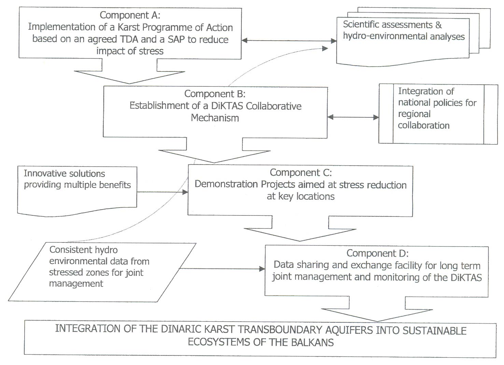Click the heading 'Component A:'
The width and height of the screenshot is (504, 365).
pos(130,15)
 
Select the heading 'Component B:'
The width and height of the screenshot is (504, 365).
pos(215,94)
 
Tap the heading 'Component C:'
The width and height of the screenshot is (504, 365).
pos(301,173)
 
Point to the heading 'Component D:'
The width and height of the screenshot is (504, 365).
pos(378,253)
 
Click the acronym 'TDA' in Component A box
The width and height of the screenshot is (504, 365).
pos(126,39)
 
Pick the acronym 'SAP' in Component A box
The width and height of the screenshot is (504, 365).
pos(176,39)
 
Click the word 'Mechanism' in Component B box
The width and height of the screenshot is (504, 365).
pos(215,118)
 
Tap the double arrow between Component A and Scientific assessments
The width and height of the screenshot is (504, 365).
pos(289,41)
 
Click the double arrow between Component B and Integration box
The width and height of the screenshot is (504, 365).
pos(353,117)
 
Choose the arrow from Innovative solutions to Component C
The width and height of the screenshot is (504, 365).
pos(163,192)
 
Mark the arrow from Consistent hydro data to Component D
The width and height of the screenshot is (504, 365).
pos(222,269)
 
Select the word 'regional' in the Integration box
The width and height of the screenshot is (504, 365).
pos(414,114)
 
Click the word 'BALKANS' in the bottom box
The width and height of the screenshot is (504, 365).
pos(312,342)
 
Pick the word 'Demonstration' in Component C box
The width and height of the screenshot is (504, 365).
pos(226,184)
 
